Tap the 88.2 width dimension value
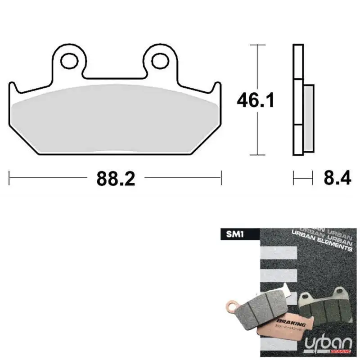(x=116, y=179)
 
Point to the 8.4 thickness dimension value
(x=337, y=179)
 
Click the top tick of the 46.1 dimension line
(x=257, y=45)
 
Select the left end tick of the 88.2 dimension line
(x=10, y=178)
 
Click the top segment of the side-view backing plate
(x=297, y=62)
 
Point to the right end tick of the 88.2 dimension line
(x=221, y=178)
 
